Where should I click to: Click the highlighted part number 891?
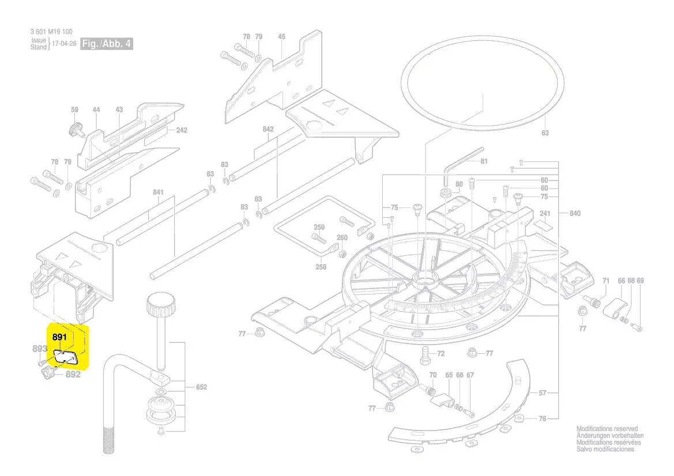[x=60, y=337]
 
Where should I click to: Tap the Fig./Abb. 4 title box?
[x=107, y=44]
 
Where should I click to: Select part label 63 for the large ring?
[x=545, y=133]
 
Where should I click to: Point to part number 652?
[x=201, y=387]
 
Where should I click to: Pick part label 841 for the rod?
[x=159, y=192]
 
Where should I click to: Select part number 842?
[x=268, y=130]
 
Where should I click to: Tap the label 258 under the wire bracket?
[x=321, y=267]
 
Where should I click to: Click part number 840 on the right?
[x=574, y=213]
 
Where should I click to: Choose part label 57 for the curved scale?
[x=543, y=393]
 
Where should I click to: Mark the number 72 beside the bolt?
[x=440, y=353]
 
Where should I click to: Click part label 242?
[x=182, y=130]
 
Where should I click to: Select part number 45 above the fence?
[x=281, y=37]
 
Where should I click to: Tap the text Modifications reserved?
[x=607, y=429]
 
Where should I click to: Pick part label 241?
[x=545, y=214]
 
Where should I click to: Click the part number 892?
[x=73, y=374]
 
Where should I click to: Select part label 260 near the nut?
[x=342, y=238]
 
